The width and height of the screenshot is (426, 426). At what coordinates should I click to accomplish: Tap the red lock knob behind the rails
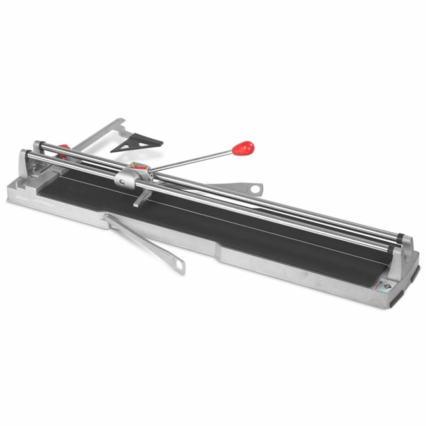[63, 149]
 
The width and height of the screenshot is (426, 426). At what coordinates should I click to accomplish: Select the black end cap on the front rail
[390, 250]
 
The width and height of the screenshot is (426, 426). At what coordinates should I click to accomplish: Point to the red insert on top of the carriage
[137, 165]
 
